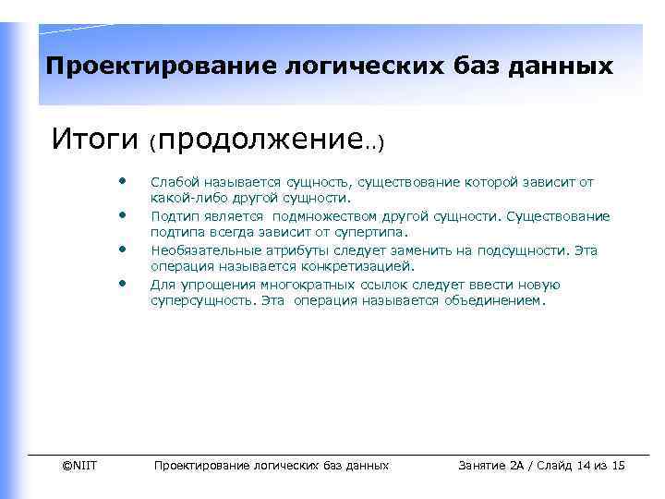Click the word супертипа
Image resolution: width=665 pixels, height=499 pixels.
(x=373, y=232)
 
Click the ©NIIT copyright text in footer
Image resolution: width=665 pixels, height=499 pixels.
(x=79, y=466)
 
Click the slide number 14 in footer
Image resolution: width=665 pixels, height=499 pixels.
(x=584, y=466)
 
